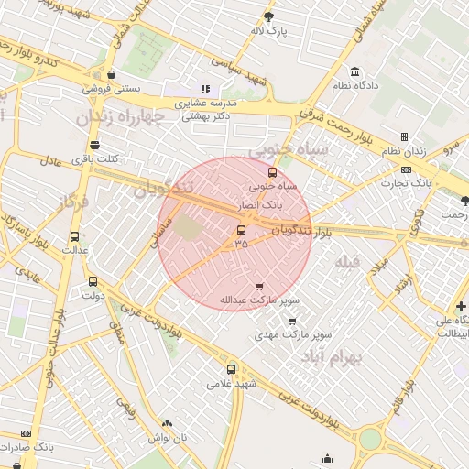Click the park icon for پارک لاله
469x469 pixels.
268,16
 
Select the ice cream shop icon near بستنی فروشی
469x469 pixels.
111,75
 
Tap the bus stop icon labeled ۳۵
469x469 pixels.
241,230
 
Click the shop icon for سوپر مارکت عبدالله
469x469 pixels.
259,286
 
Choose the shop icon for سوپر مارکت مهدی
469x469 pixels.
292,322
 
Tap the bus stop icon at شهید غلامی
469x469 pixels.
231,370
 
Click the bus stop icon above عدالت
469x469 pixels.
74,235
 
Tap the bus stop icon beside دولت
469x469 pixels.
93,281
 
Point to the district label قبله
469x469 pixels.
349,264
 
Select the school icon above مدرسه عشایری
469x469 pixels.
205,90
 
